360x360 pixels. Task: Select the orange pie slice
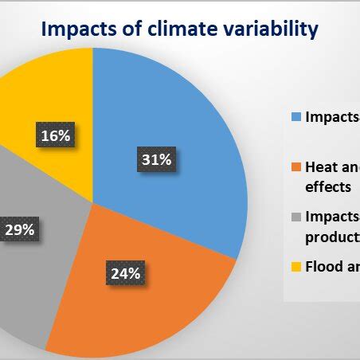pyautogui.click(x=159, y=295)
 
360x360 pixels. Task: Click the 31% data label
pyautogui.click(x=156, y=160)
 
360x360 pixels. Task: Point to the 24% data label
pyautogui.click(x=125, y=274)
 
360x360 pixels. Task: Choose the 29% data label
pyautogui.click(x=18, y=229)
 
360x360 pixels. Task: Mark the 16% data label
pyautogui.click(x=54, y=135)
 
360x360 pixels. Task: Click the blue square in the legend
pyautogui.click(x=296, y=117)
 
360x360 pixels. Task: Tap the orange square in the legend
pyautogui.click(x=296, y=167)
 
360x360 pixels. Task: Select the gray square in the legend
pyautogui.click(x=296, y=217)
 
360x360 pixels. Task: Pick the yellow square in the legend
pyautogui.click(x=296, y=268)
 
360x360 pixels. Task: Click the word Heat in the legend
pyautogui.click(x=318, y=167)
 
